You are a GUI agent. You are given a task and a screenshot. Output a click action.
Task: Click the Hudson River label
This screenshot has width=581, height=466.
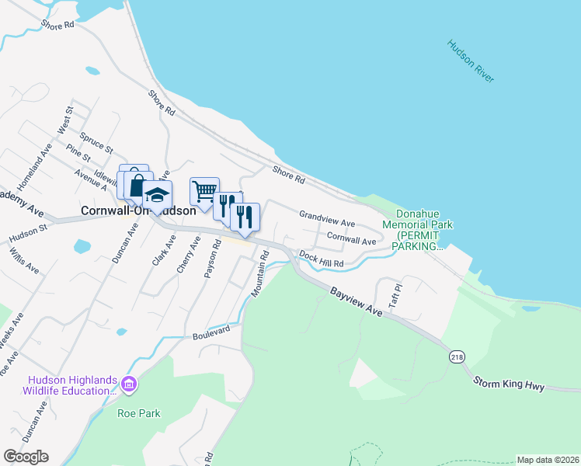[x=471, y=61]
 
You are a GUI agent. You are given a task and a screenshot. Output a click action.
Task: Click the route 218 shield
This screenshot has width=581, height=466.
[x=455, y=356]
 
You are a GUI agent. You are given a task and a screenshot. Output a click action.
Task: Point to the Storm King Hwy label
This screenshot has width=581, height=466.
[x=510, y=385]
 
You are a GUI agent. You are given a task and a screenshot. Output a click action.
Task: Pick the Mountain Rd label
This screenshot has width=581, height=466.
[x=259, y=273]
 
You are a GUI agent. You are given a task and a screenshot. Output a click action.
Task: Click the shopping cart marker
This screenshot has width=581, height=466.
[x=204, y=190]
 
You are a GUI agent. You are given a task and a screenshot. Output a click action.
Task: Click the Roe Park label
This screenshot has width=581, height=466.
[x=139, y=413]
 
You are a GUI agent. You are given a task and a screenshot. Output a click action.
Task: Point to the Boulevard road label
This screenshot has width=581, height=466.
[x=211, y=332]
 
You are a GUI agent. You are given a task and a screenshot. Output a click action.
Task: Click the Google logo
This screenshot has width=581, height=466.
[x=26, y=457]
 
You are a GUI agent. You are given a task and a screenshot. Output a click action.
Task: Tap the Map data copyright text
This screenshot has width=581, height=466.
[x=548, y=460]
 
